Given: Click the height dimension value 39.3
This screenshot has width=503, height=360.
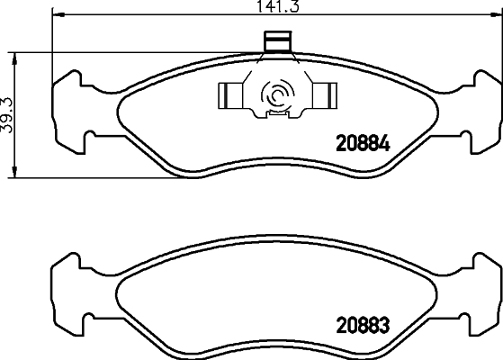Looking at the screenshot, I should (8, 114).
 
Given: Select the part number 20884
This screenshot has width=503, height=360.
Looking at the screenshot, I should (361, 141).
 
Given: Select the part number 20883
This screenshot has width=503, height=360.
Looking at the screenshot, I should (361, 322).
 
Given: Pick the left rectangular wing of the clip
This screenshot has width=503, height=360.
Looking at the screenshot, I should (229, 93).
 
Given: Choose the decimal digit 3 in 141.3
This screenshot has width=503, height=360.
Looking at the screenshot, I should (293, 7).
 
